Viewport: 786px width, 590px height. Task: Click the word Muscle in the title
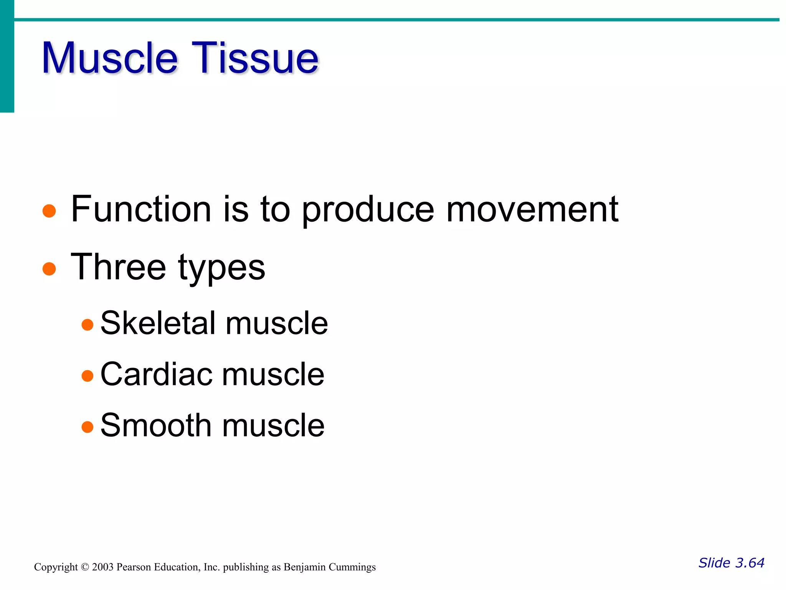point(109,58)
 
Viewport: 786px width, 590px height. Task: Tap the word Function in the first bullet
point(141,209)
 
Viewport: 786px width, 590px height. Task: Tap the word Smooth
point(156,425)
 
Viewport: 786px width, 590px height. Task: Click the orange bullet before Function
point(49,211)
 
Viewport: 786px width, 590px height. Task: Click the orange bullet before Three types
point(49,269)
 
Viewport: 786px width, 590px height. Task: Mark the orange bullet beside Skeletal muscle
point(88,325)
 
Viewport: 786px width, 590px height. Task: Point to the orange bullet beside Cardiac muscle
point(88,376)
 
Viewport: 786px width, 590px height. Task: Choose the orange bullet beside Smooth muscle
point(88,427)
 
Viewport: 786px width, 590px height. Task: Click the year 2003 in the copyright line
point(102,567)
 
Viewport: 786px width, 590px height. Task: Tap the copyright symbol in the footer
point(85,567)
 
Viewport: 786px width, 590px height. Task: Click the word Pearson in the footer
point(134,567)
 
